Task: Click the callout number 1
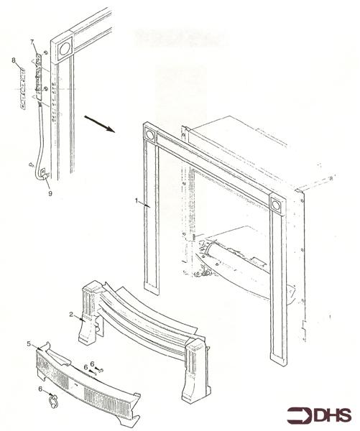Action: pyautogui.click(x=135, y=203)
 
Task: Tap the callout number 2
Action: pyautogui.click(x=70, y=315)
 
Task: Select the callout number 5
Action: pyautogui.click(x=29, y=343)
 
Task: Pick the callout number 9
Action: pyautogui.click(x=50, y=192)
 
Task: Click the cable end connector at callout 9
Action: pyautogui.click(x=42, y=172)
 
